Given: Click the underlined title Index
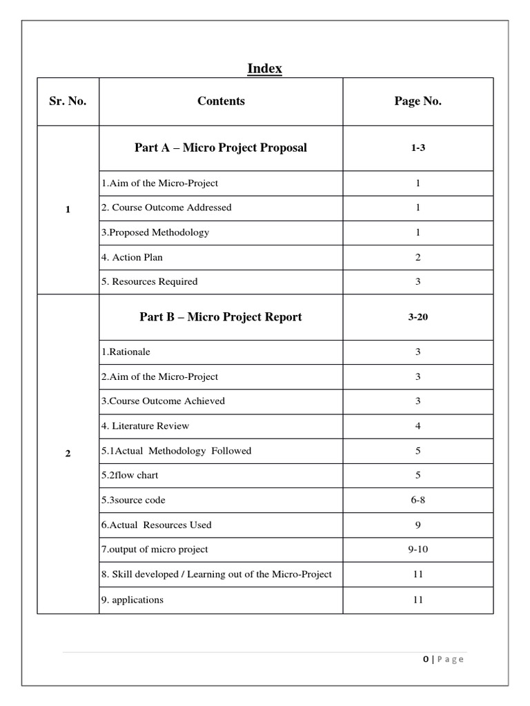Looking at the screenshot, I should [265, 68].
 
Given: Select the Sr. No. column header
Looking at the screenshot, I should [68, 101].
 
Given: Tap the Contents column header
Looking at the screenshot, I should [221, 101].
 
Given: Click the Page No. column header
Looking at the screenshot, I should [418, 101].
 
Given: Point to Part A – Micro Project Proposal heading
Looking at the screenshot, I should [221, 148].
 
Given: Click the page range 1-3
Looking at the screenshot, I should [418, 148].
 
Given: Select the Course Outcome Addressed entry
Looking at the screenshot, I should [166, 208].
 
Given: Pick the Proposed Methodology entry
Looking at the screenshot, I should [155, 232].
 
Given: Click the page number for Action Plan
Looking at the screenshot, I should [418, 257].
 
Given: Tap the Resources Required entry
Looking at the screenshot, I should [149, 281].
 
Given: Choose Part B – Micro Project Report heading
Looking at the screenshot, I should [221, 317].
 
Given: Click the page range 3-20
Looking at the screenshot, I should [418, 318].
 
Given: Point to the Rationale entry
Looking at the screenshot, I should [126, 352].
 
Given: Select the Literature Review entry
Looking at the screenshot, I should [145, 426].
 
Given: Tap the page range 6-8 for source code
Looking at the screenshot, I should [418, 500].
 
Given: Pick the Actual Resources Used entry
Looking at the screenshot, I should [156, 525].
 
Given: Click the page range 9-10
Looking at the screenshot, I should [418, 549].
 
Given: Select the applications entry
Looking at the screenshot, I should [132, 600].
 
